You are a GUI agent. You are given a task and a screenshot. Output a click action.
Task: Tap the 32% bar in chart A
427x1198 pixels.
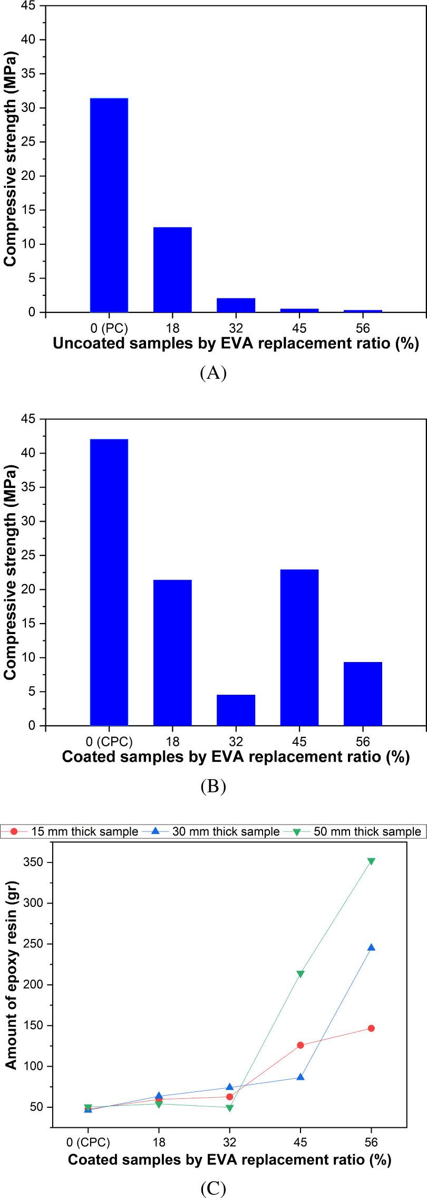236,305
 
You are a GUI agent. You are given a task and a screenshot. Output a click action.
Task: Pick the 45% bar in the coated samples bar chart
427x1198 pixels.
299,647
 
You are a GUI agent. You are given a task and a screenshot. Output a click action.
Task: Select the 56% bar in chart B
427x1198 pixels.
363,693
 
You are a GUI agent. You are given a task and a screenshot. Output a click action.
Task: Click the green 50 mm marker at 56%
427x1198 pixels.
371,861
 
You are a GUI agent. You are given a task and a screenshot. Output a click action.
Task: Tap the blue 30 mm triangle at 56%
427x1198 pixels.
371,947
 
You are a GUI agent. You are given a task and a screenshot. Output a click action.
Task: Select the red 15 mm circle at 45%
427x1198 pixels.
300,1045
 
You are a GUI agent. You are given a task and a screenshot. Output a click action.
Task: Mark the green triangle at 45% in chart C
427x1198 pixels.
300,974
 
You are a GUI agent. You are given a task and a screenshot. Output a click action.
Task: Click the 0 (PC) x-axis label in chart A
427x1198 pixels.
109,328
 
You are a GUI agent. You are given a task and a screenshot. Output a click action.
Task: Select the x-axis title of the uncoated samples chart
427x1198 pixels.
236,344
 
